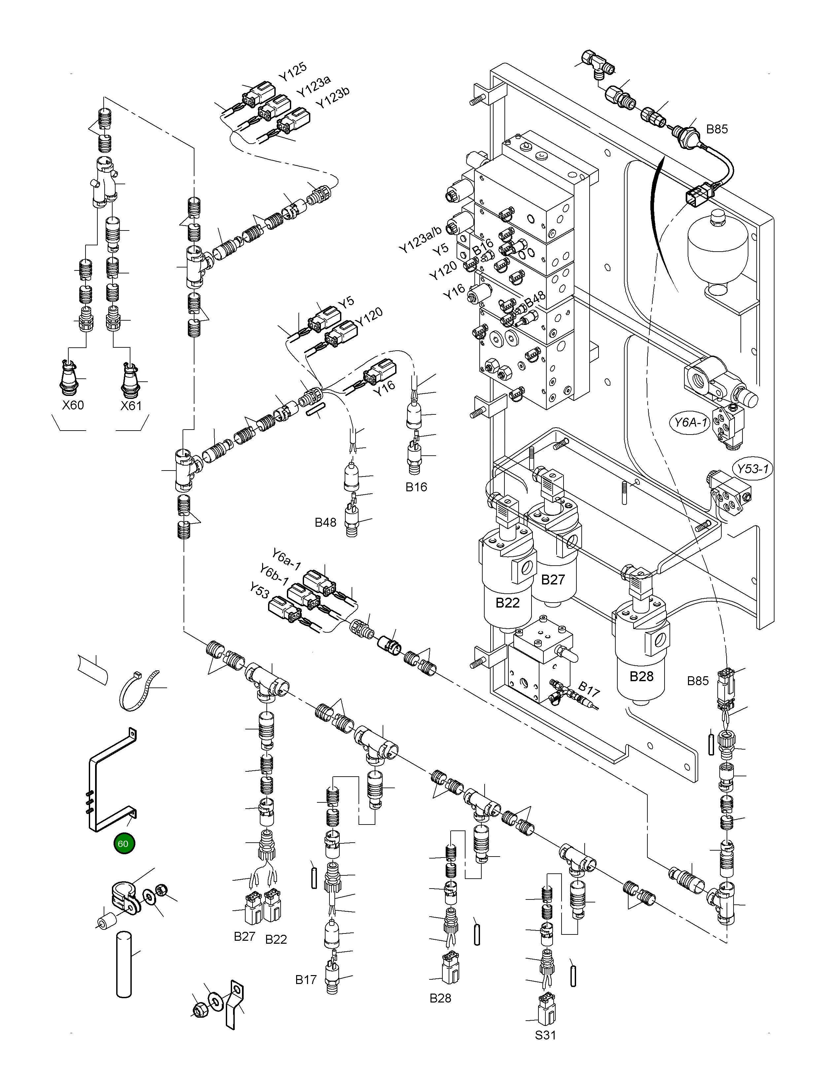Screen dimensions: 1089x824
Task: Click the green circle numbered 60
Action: pos(123,843)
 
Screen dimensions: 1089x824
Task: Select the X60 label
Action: pos(73,405)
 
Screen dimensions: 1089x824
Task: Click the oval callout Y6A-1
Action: pos(690,422)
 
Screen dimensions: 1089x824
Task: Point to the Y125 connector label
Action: pos(292,72)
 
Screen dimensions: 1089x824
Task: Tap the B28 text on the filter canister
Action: pos(641,676)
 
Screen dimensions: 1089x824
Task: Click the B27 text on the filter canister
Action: pos(553,580)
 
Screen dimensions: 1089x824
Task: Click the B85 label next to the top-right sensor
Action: pos(717,129)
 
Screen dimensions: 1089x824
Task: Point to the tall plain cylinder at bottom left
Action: pos(124,965)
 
